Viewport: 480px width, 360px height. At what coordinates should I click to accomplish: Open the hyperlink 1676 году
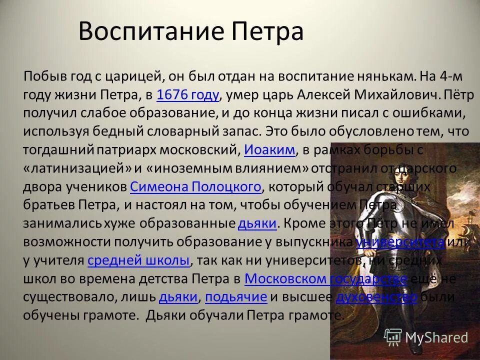coord(188,94)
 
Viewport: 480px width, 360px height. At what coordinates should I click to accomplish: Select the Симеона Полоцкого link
coord(195,186)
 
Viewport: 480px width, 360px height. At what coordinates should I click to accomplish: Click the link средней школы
coord(138,260)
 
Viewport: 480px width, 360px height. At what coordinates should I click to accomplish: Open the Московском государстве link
coord(326,278)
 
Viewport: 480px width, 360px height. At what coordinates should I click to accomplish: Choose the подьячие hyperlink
coord(236,297)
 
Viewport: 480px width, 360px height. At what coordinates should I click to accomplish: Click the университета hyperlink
coord(400,242)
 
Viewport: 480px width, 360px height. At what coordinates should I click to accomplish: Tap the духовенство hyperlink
coord(376,297)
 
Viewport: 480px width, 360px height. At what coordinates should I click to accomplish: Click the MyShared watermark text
coord(436,337)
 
